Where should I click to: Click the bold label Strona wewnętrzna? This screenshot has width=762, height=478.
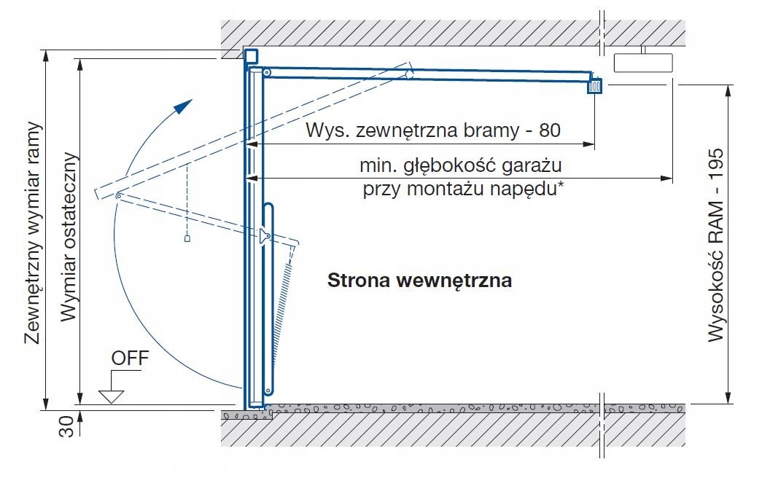(x=419, y=281)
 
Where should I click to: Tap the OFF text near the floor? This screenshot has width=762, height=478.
(x=129, y=358)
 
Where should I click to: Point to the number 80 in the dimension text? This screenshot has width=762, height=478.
(x=551, y=131)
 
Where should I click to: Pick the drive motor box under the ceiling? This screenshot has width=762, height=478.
(x=642, y=63)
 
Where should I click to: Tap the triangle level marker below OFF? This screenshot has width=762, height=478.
(x=111, y=396)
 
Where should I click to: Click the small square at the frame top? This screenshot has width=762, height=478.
(x=250, y=56)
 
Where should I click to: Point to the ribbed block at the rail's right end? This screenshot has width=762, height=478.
(x=596, y=85)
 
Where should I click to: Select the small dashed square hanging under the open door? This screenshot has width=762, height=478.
(x=187, y=238)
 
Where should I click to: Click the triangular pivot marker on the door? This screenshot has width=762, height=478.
(x=263, y=235)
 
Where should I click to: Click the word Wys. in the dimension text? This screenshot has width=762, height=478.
(x=327, y=131)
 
